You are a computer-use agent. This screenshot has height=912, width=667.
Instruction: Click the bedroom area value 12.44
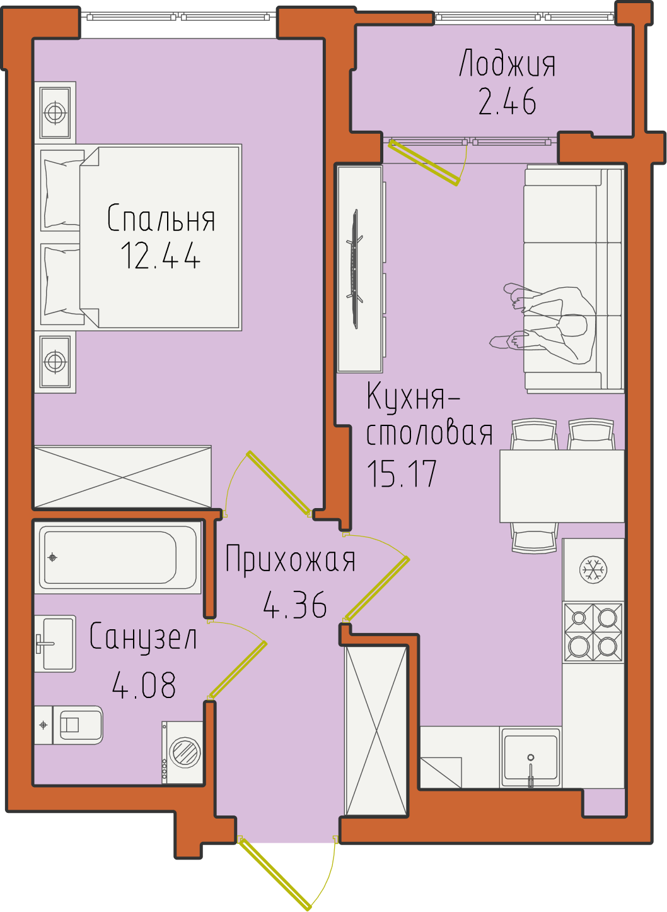(x=161, y=255)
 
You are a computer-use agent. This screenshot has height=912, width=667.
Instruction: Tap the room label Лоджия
(x=507, y=64)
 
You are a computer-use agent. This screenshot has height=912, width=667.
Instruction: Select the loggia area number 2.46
(x=507, y=102)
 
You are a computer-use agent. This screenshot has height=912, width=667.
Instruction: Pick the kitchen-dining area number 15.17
(x=402, y=473)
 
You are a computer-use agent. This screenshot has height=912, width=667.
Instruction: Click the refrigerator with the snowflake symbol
(x=593, y=569)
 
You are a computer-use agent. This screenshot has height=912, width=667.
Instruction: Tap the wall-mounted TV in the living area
(x=355, y=269)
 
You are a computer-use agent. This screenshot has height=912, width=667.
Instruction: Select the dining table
(x=562, y=486)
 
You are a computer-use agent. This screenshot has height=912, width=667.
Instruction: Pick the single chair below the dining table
(x=535, y=538)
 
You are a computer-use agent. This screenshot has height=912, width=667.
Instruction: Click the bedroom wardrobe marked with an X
(x=123, y=477)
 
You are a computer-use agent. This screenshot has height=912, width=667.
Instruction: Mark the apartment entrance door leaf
(x=275, y=874)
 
